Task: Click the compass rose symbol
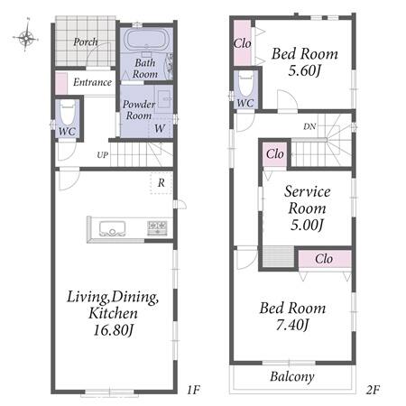26,37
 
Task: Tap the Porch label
86,42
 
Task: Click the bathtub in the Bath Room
146,41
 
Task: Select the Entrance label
92,82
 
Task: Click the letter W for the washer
160,129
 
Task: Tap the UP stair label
102,155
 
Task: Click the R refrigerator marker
161,182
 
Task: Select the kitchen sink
112,229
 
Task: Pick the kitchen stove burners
157,228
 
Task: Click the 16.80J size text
114,330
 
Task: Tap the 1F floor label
193,390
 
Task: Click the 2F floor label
373,390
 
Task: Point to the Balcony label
292,376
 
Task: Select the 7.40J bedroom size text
292,325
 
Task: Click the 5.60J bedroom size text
304,70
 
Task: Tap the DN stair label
309,126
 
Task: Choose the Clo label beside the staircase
275,154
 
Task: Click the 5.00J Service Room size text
307,225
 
